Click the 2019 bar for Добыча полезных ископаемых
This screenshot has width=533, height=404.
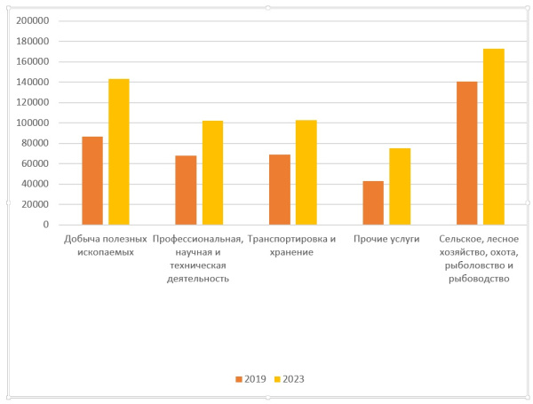[x=92, y=180]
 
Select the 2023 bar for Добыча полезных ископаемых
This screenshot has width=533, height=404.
[x=119, y=152]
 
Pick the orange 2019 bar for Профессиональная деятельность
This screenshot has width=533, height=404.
[x=186, y=190]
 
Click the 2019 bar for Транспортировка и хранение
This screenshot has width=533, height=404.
[x=280, y=189]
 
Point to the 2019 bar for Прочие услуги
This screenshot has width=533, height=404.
[x=373, y=202]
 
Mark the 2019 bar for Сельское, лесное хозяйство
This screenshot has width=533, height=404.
[x=467, y=153]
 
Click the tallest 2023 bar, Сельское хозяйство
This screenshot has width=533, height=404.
[x=494, y=137]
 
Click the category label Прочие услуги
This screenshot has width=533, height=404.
[x=386, y=239]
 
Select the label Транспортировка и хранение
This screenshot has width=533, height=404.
[x=292, y=245]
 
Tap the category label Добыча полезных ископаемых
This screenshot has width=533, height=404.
[x=105, y=245]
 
